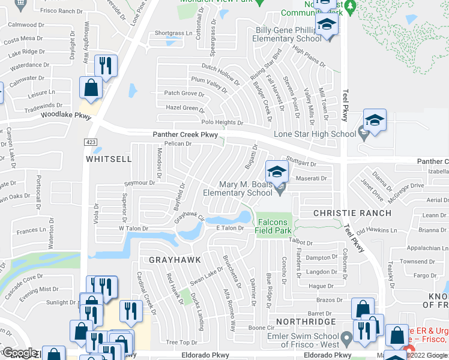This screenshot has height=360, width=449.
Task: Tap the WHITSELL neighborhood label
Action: tap(108, 159)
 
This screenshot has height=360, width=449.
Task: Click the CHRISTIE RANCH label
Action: tap(352, 213)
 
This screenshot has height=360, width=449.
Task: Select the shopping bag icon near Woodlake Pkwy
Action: tap(91, 88)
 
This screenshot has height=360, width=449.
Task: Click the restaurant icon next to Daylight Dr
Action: tap(106, 66)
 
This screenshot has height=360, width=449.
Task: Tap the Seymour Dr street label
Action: tap(139, 183)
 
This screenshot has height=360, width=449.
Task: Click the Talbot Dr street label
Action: tap(301, 242)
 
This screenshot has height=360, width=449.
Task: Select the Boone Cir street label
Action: tap(261, 328)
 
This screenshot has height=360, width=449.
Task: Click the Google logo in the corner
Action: tap(20, 353)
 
